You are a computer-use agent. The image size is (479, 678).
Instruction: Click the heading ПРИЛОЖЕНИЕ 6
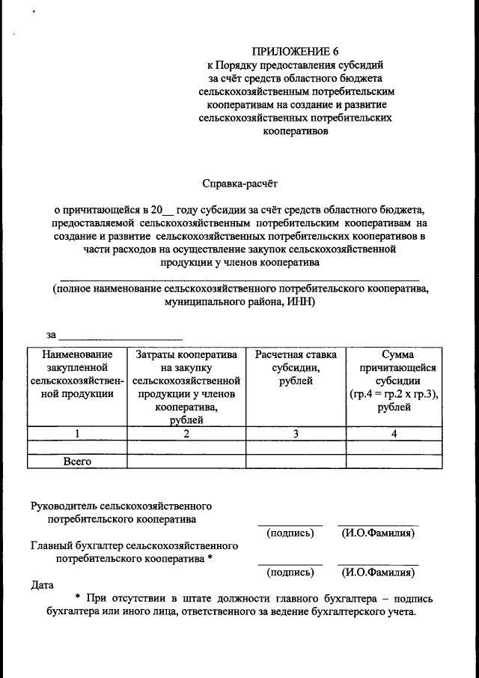[296, 52]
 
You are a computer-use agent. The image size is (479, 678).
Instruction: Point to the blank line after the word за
[120, 336]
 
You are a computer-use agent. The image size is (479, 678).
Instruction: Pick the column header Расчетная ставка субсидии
[295, 367]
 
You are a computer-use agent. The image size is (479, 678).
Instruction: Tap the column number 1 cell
[77, 434]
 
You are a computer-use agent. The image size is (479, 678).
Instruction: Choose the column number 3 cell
[295, 434]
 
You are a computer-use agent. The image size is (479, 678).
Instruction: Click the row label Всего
[77, 461]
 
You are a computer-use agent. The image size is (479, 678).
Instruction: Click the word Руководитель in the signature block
[64, 506]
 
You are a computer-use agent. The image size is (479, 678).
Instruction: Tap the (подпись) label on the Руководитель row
[290, 533]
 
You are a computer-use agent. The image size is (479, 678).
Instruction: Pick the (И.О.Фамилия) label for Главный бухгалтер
[378, 572]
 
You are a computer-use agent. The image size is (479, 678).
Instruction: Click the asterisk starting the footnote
[78, 598]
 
